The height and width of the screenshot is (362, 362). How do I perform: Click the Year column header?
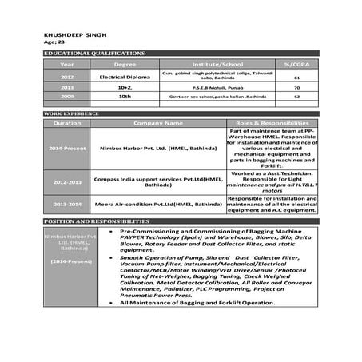click(x=67, y=64)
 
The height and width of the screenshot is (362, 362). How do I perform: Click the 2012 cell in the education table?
click(x=67, y=76)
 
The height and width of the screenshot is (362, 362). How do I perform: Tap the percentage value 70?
click(x=296, y=87)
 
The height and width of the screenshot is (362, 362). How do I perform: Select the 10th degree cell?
click(x=125, y=96)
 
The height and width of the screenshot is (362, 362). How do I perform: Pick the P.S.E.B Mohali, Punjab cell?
click(x=217, y=87)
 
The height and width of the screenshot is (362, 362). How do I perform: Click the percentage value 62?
click(x=296, y=96)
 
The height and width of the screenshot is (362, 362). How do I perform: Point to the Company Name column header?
click(x=158, y=124)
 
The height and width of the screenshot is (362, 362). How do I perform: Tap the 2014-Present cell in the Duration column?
click(x=67, y=149)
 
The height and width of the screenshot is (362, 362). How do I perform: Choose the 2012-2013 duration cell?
click(x=67, y=182)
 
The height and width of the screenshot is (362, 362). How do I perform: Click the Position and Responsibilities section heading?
click(x=96, y=221)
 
